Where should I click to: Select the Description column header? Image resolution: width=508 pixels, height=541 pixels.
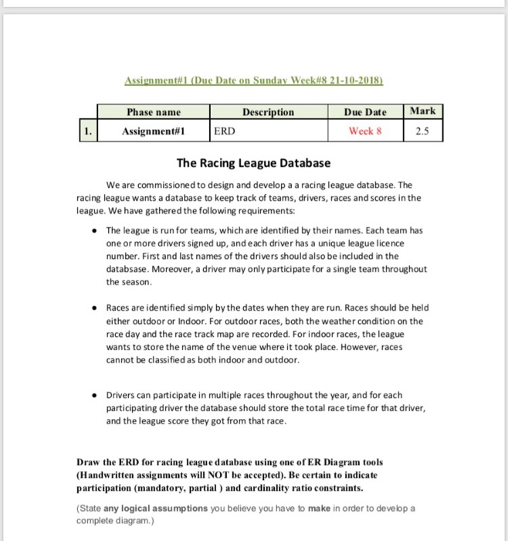click(268, 111)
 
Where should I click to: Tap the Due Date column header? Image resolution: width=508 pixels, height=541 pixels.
click(365, 111)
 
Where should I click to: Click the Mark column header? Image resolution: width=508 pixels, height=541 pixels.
click(423, 111)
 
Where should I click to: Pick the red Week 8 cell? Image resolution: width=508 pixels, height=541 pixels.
click(365, 131)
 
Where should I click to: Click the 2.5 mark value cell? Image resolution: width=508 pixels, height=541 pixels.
click(423, 131)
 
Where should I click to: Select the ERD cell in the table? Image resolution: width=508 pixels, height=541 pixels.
click(223, 131)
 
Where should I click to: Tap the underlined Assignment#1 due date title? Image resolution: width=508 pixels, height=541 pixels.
click(254, 80)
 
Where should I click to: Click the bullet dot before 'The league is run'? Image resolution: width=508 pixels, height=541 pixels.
click(93, 231)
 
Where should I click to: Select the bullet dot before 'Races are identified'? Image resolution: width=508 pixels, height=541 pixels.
click(93, 307)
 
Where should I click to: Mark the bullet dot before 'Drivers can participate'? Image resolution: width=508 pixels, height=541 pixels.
click(93, 395)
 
